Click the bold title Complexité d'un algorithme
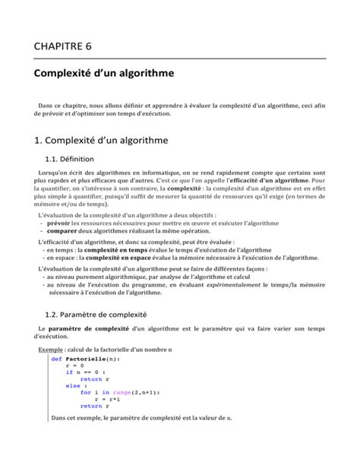104,74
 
